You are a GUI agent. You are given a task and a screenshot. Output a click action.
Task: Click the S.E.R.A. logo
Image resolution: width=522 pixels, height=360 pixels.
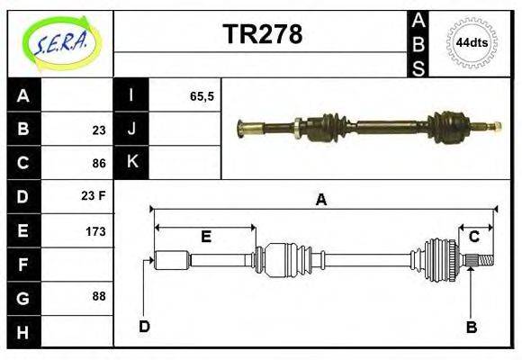pyautogui.click(x=59, y=42)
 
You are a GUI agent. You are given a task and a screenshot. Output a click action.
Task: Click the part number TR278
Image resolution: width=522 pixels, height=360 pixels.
pyautogui.click(x=262, y=34)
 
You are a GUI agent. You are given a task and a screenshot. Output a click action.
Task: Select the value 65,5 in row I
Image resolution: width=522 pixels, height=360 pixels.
pyautogui.click(x=202, y=95)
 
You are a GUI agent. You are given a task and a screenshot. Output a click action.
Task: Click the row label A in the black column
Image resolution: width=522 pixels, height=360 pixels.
pyautogui.click(x=23, y=96)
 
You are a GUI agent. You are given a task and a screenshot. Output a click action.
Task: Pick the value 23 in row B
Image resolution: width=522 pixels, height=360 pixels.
pyautogui.click(x=98, y=130)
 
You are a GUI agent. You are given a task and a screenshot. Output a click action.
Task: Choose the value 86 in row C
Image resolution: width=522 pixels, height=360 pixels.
pyautogui.click(x=98, y=164)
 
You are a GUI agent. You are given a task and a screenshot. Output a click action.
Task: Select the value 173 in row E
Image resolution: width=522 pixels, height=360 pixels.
pyautogui.click(x=95, y=231)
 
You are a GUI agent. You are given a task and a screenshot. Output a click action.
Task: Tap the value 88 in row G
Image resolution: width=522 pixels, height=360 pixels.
pyautogui.click(x=98, y=296)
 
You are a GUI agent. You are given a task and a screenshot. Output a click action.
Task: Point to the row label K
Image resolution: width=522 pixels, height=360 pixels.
pyautogui.click(x=131, y=163)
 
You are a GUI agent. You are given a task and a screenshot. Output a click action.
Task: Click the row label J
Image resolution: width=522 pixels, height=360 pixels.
pyautogui.click(x=131, y=130)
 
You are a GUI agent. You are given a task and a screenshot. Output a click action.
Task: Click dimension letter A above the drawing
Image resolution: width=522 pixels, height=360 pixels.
pyautogui.click(x=320, y=201)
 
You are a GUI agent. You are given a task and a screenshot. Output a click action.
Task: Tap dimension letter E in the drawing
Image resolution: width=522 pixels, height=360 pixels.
pyautogui.click(x=205, y=237)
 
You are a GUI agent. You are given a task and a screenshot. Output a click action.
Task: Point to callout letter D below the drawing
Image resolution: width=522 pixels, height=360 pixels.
pyautogui.click(x=144, y=327)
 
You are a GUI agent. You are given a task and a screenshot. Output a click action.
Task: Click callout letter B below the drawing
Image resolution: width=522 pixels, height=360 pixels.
pyautogui.click(x=471, y=328)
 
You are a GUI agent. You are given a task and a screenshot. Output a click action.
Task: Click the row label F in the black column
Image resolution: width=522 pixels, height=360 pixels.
pyautogui.click(x=23, y=265)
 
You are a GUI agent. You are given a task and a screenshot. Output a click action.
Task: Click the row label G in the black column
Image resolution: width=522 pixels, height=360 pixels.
pyautogui.click(x=23, y=297)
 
